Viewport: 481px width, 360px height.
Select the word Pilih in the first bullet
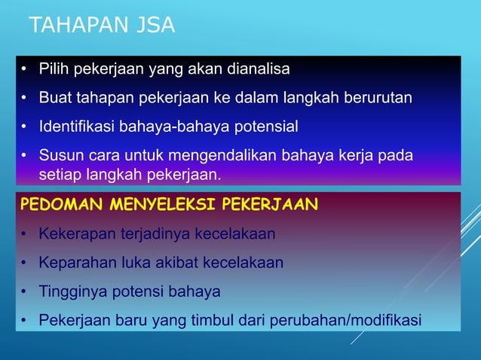(54, 70)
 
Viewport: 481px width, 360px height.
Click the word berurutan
(379, 98)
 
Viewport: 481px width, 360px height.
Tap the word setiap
(60, 175)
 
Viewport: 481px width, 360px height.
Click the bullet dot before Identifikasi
(24, 127)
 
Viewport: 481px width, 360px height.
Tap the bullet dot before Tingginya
(24, 292)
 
